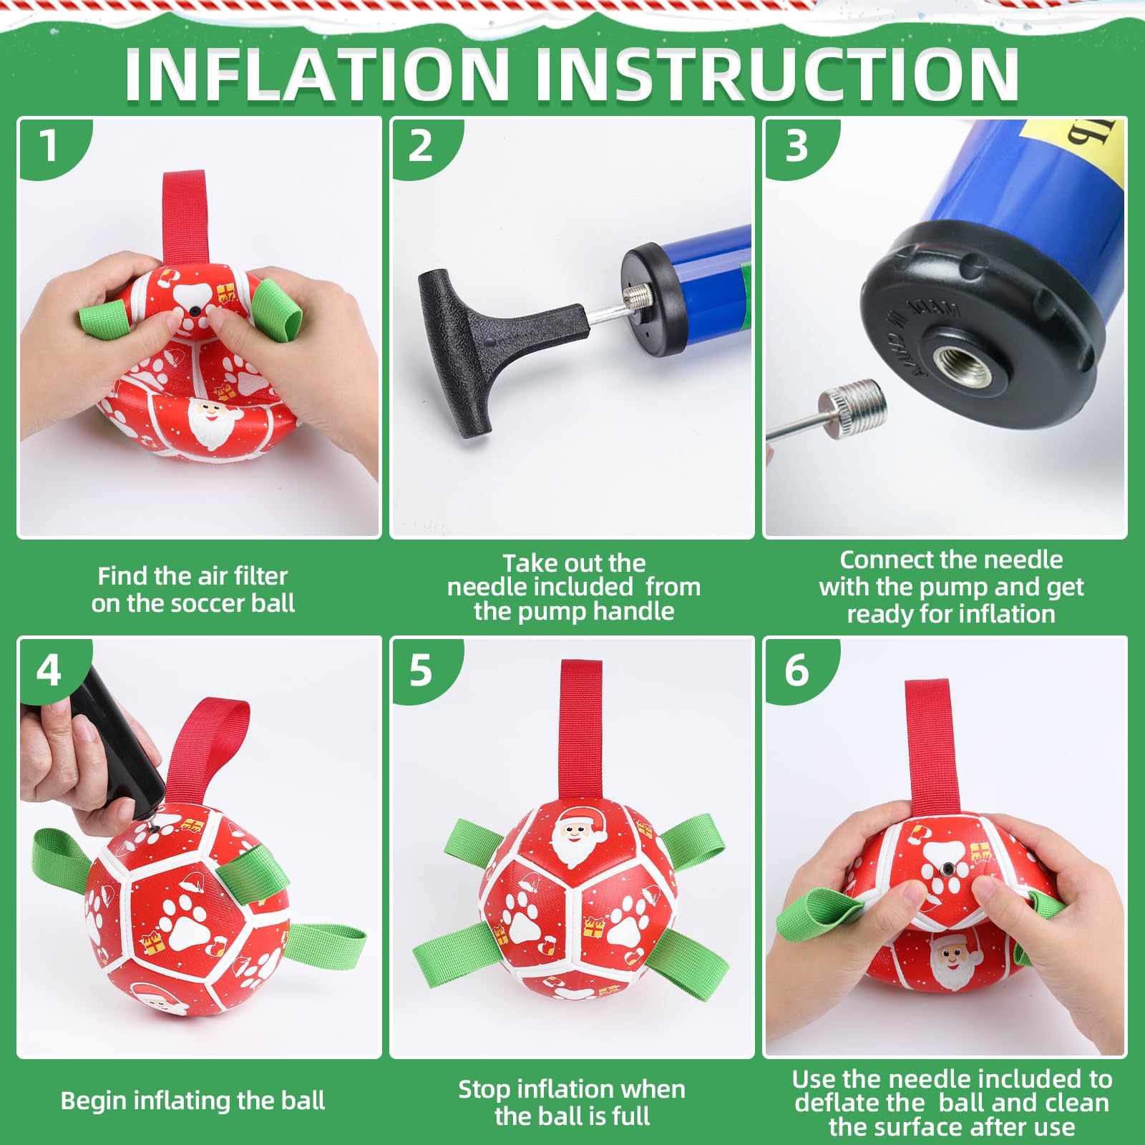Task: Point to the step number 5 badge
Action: (421, 671)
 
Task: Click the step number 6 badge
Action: (796, 671)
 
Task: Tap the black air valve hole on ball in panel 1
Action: (195, 311)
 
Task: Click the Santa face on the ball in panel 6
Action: (952, 959)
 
